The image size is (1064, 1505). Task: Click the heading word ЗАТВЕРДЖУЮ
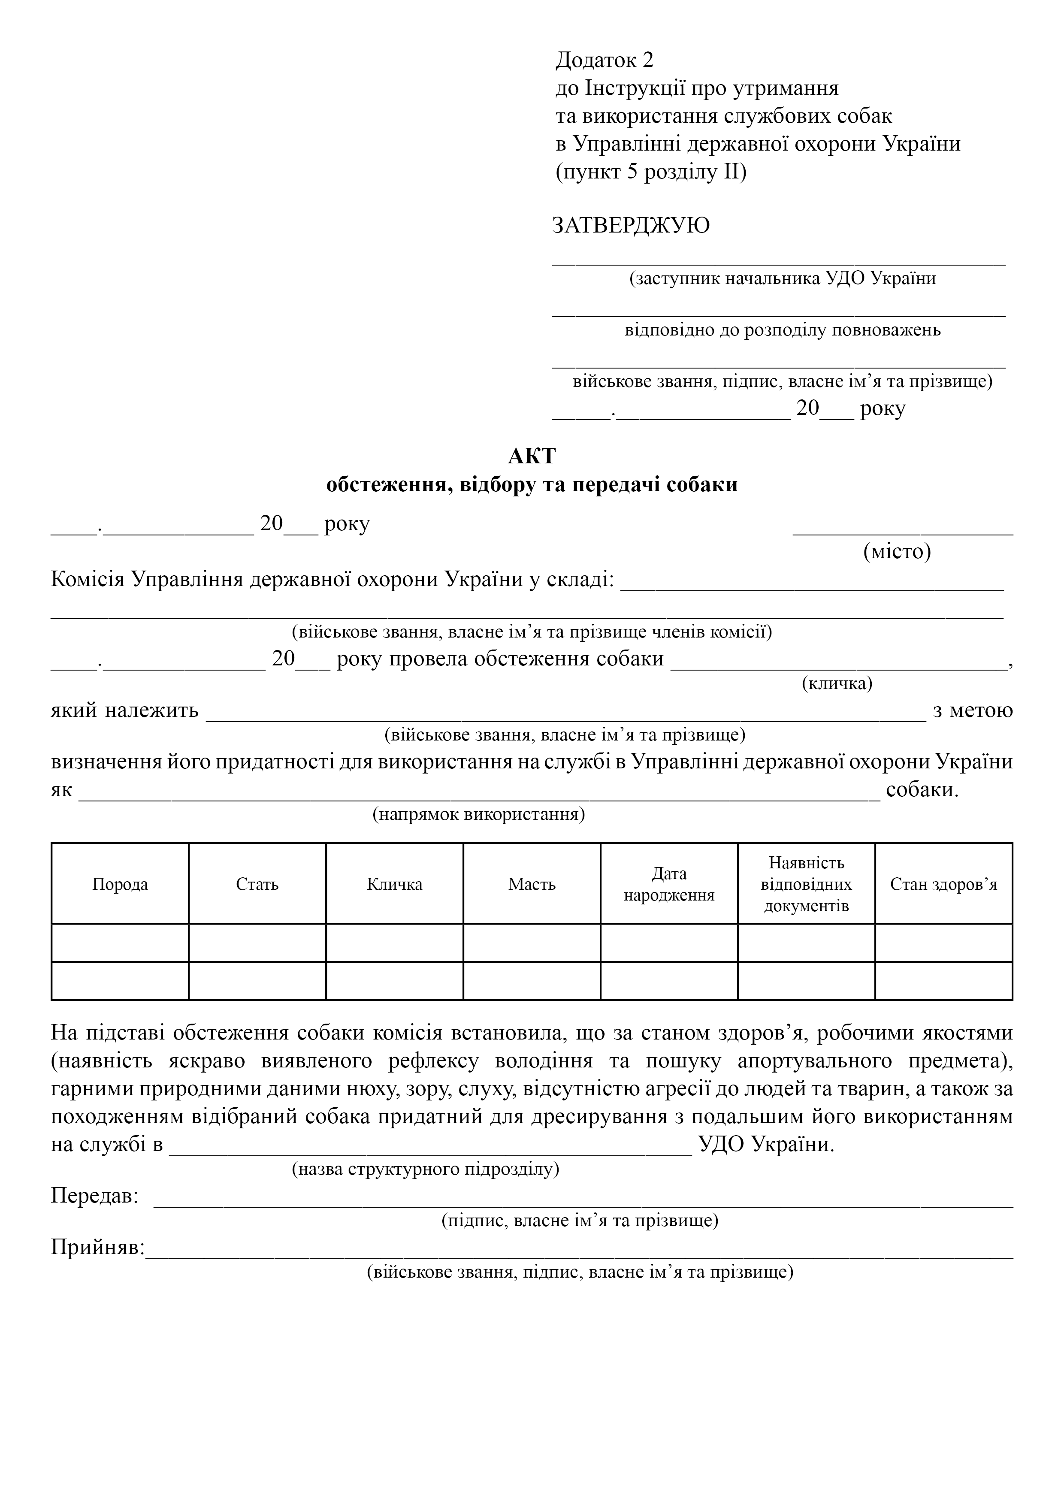[631, 226]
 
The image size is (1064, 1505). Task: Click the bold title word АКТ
[532, 456]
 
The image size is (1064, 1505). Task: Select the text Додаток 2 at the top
[605, 60]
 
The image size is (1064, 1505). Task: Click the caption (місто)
[897, 552]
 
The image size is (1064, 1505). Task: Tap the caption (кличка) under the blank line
[837, 684]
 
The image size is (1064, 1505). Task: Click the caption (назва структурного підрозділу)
[426, 1169]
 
